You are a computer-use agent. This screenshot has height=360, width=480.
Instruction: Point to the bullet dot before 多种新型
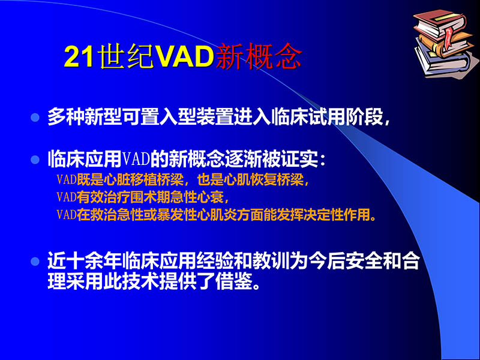(x=35, y=117)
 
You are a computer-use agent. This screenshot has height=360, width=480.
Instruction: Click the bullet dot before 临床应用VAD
(x=35, y=160)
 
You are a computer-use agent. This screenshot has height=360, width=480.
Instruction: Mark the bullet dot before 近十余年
(x=35, y=262)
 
